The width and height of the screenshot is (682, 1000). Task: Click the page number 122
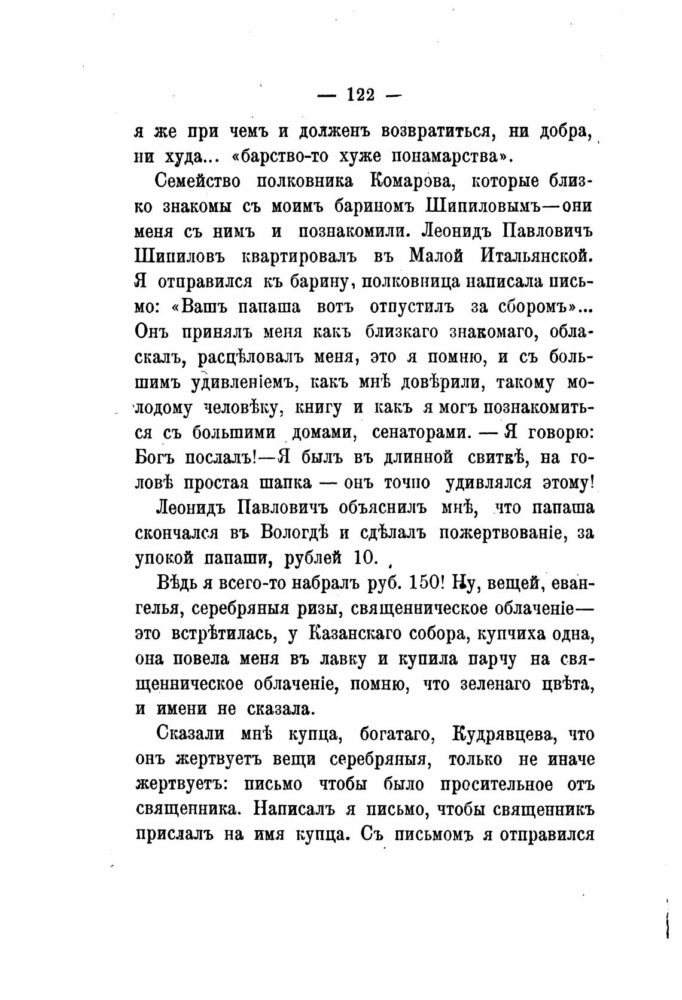pos(360,94)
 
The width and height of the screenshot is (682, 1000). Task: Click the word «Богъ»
pos(155,458)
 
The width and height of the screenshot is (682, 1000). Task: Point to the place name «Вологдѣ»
pos(305,533)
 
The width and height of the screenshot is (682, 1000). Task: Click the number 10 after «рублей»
pos(366,557)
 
